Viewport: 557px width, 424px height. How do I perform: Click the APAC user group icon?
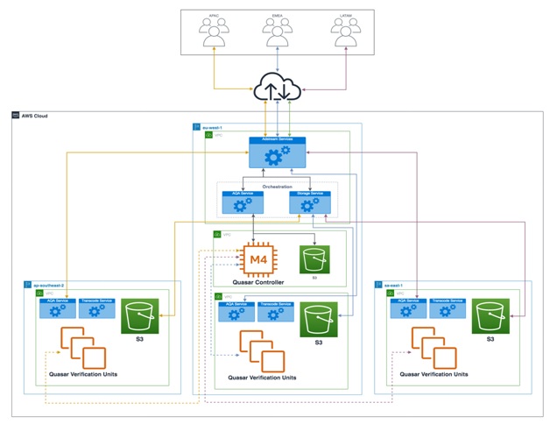pos(213,33)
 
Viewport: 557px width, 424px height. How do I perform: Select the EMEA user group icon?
pos(278,33)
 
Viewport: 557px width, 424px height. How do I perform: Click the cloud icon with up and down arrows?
pos(277,87)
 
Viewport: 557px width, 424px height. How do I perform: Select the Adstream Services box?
pos(277,152)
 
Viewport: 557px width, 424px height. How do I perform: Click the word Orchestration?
pos(277,187)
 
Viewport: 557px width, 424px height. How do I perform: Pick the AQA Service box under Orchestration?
pos(243,202)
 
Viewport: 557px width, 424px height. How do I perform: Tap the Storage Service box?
pos(311,202)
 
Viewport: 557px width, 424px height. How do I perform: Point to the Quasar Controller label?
pos(257,282)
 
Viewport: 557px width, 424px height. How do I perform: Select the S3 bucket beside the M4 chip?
pos(314,259)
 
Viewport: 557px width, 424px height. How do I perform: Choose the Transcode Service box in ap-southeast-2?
pos(96,308)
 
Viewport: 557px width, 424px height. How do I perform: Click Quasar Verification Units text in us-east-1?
pos(434,374)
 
